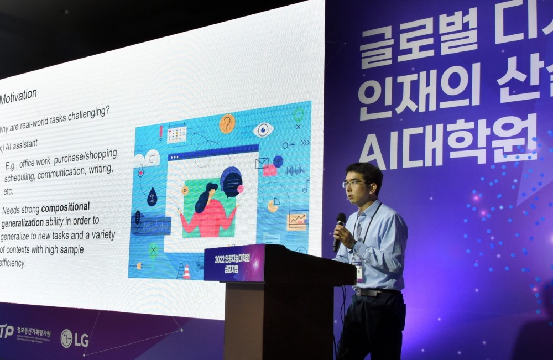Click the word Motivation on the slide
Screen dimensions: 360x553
pos(19,97)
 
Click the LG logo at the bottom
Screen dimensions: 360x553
pos(74,338)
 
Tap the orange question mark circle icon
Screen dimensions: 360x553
pos(227,124)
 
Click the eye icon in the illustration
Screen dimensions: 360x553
pos(263,130)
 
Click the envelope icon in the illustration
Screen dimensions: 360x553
pos(262,163)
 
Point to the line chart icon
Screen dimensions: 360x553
pos(297,221)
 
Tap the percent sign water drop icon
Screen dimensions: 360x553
pos(152,197)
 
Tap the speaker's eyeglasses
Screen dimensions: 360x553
pos(353,184)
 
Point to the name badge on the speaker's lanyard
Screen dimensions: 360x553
pos(359,271)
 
